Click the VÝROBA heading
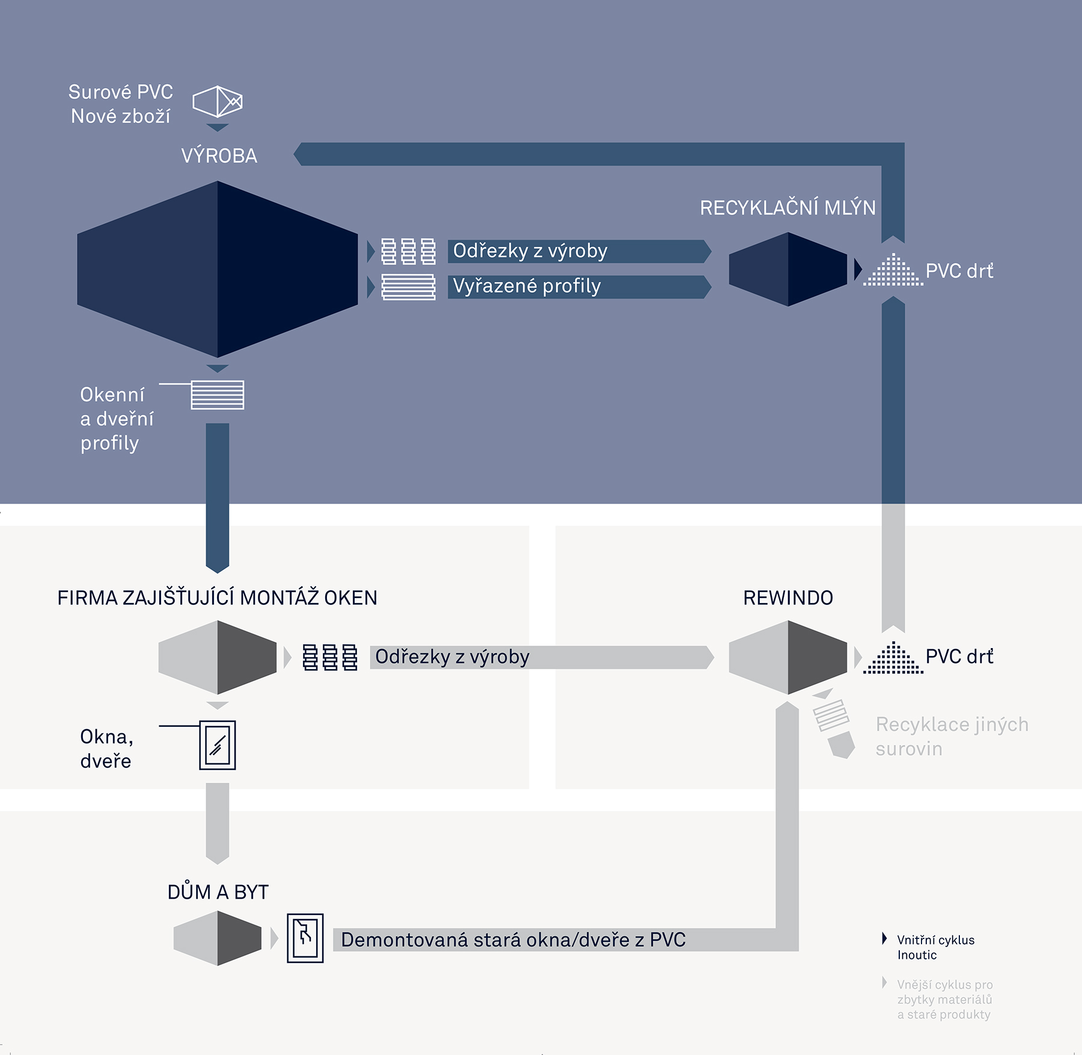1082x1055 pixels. point(219,156)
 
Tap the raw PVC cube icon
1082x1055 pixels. point(218,102)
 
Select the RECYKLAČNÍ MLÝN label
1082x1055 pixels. point(788,207)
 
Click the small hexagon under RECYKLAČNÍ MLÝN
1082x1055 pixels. point(788,269)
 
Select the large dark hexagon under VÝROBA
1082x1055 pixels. point(218,269)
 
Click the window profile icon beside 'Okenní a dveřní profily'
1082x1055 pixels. point(217,395)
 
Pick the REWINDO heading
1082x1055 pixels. point(788,598)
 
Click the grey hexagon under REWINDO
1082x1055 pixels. point(788,657)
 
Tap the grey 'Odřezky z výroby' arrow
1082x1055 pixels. point(542,657)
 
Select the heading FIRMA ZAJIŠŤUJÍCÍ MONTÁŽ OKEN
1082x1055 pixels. point(217,598)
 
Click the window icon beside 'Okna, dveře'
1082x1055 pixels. point(218,745)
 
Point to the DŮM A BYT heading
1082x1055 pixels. point(218,892)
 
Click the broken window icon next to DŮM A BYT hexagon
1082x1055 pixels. point(305,938)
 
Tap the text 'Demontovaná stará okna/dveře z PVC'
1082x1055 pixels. point(513,940)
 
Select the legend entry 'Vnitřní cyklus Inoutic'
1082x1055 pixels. point(935,947)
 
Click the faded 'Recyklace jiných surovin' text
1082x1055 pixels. point(952,736)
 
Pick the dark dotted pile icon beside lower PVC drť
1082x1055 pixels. point(893,658)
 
